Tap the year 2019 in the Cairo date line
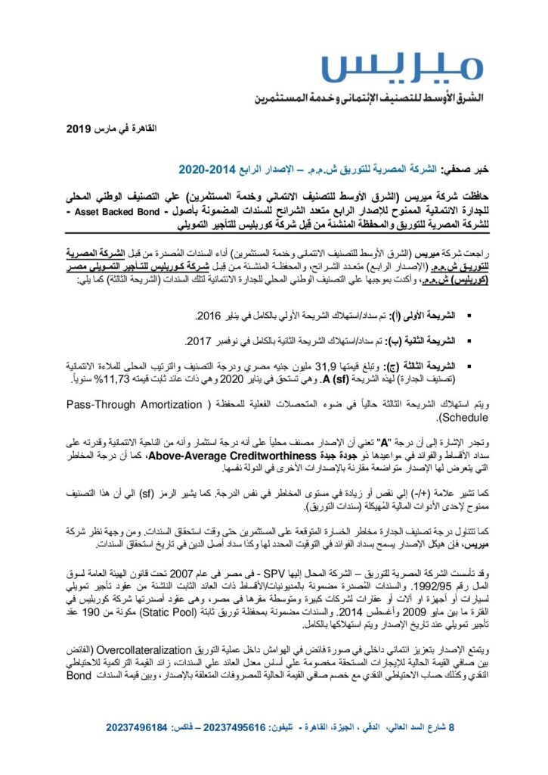tap(78, 130)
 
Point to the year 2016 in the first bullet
tap(209, 314)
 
